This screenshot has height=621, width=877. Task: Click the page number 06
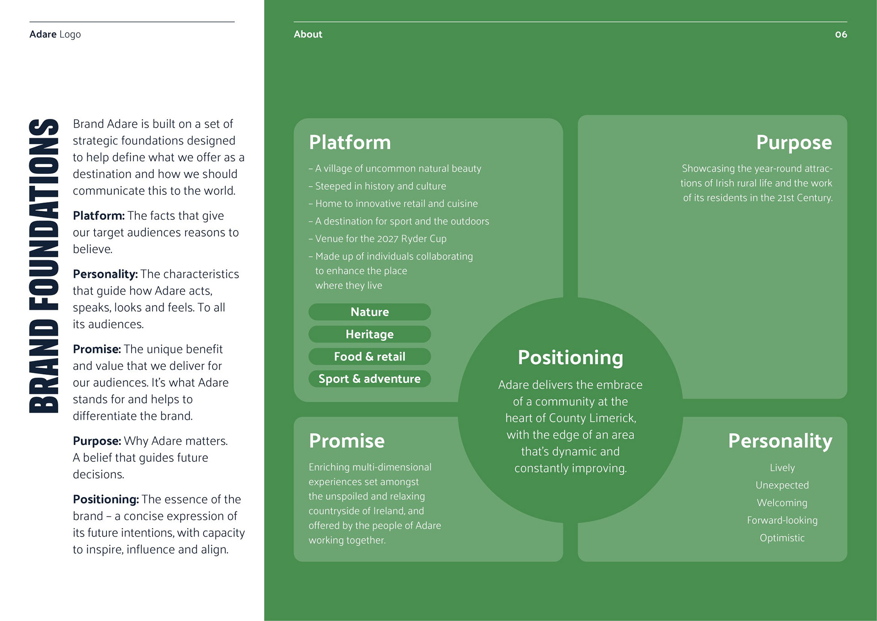pyautogui.click(x=840, y=34)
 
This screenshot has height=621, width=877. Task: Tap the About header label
pyautogui.click(x=308, y=34)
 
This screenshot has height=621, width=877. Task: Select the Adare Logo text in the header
pyautogui.click(x=55, y=34)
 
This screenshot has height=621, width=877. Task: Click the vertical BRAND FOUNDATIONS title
pyautogui.click(x=44, y=266)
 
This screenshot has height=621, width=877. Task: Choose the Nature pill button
pyautogui.click(x=370, y=312)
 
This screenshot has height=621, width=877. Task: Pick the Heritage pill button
pyautogui.click(x=370, y=334)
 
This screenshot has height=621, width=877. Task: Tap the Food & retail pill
pyautogui.click(x=370, y=357)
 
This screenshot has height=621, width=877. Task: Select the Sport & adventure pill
pyautogui.click(x=370, y=379)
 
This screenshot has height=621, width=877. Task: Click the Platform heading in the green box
pyautogui.click(x=350, y=142)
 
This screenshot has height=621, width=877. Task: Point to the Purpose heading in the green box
pyautogui.click(x=794, y=143)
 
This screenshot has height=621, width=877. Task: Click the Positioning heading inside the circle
pyautogui.click(x=570, y=358)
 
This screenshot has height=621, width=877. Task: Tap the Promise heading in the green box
pyautogui.click(x=347, y=441)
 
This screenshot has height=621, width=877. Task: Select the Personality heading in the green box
pyautogui.click(x=780, y=441)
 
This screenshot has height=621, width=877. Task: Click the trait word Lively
pyautogui.click(x=782, y=468)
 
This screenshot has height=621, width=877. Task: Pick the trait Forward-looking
pyautogui.click(x=782, y=520)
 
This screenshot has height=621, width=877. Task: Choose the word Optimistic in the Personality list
pyautogui.click(x=782, y=538)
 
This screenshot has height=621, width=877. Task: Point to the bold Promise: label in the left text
pyautogui.click(x=97, y=349)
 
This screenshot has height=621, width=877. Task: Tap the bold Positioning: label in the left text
pyautogui.click(x=106, y=499)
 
